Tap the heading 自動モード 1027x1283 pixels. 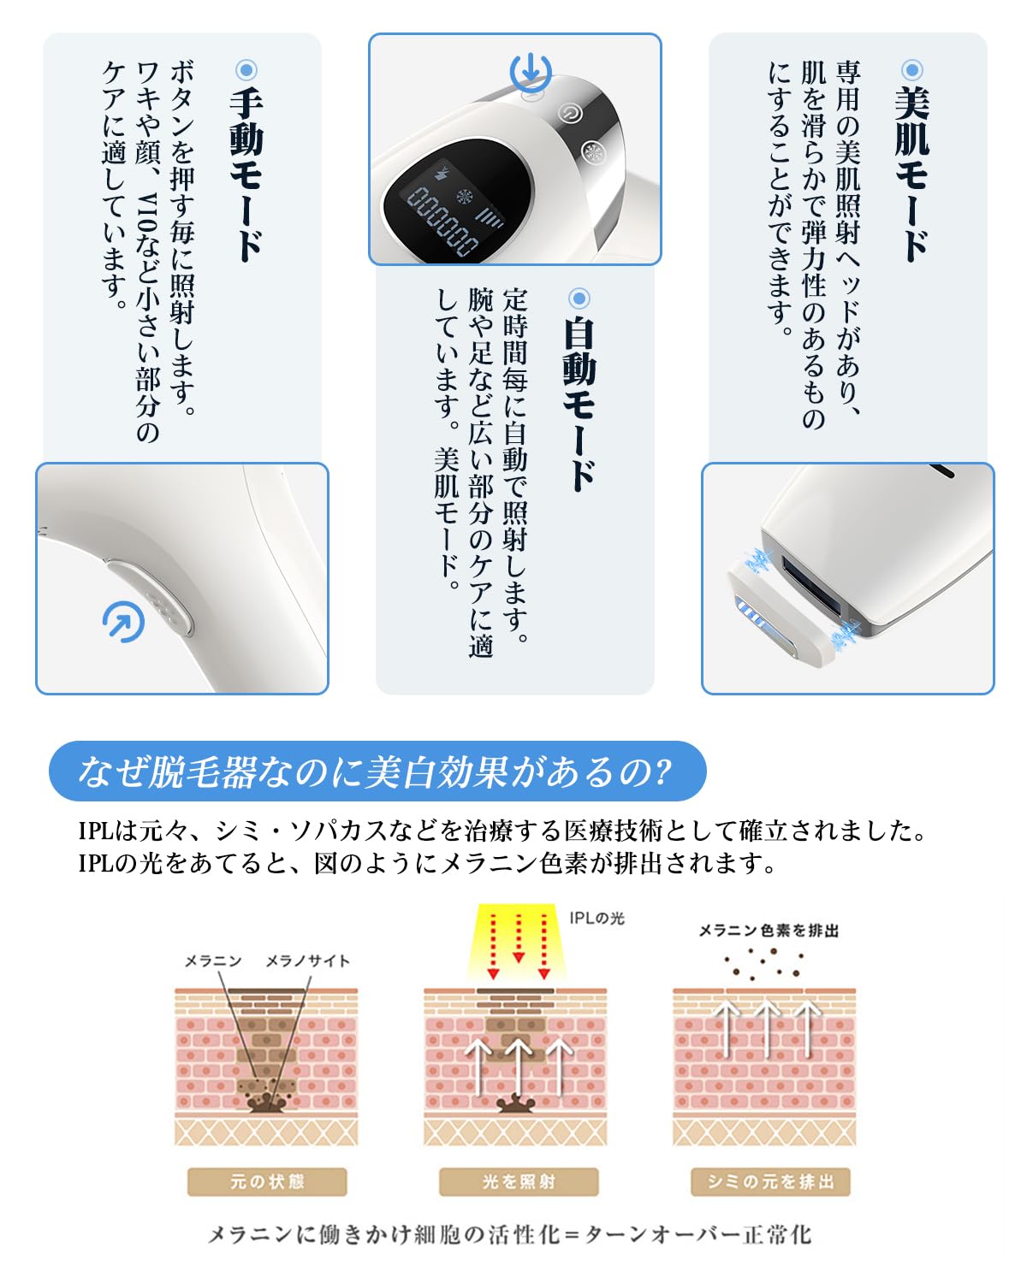(579, 403)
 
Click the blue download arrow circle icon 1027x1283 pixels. (531, 72)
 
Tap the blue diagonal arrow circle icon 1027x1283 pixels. (123, 623)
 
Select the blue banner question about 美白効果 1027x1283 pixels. (377, 772)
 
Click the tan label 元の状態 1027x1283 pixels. (267, 1182)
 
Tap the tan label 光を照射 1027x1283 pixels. (519, 1182)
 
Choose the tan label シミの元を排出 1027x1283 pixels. (770, 1182)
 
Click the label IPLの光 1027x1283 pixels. (597, 918)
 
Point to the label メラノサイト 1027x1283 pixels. (307, 961)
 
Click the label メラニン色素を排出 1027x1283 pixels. (769, 931)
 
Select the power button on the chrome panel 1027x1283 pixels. (570, 113)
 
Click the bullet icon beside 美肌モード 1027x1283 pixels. (912, 70)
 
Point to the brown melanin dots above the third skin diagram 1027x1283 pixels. (764, 963)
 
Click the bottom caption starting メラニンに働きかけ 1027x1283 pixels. (510, 1235)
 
